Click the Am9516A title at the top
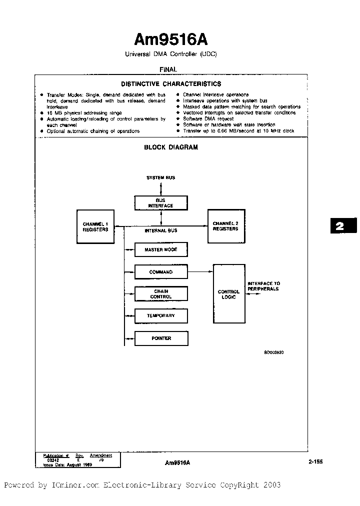pos(171,39)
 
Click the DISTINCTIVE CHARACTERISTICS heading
pos(171,84)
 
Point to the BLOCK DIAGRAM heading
pos(171,147)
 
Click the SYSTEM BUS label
pos(160,177)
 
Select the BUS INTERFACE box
pos(160,203)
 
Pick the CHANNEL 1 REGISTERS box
pos(95,226)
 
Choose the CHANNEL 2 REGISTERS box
pos(225,226)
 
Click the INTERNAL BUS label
pos(160,230)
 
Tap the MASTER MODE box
pos(161,249)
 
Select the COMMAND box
pos(161,272)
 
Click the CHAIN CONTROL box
pos(161,294)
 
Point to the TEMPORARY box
pos(161,316)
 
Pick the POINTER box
pos(161,338)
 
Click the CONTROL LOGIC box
pos(229,294)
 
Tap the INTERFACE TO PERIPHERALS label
pos(263,286)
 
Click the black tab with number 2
pos(339,226)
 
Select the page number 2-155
pos(315,462)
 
